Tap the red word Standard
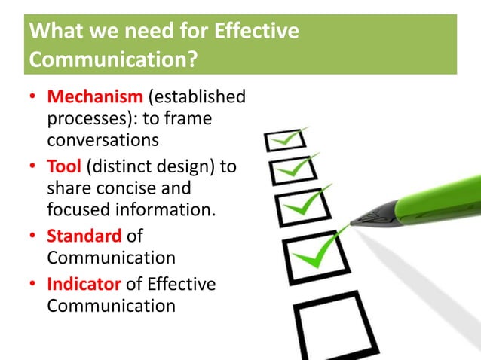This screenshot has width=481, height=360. click(84, 236)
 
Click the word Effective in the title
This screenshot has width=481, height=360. click(256, 32)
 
